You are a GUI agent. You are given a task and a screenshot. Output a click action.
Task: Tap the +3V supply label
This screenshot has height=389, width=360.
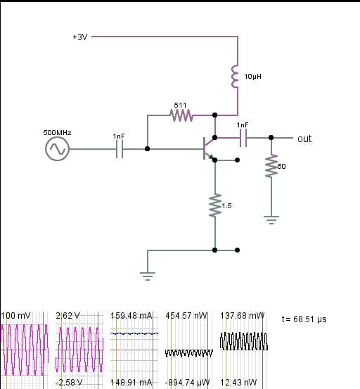click(80, 37)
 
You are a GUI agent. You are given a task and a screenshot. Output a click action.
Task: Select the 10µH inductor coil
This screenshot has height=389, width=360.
click(235, 77)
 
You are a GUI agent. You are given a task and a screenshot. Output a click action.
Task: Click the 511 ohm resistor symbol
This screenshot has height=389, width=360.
click(181, 115)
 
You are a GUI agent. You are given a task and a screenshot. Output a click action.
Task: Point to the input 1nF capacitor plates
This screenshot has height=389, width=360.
click(120, 149)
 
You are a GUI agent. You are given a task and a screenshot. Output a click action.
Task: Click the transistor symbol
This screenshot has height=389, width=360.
click(209, 148)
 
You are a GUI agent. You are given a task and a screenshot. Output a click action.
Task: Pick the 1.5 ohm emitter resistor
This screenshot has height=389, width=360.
click(215, 205)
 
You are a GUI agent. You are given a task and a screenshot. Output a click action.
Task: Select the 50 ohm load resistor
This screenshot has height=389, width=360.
click(271, 166)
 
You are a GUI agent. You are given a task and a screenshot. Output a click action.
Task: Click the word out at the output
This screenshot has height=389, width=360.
click(304, 139)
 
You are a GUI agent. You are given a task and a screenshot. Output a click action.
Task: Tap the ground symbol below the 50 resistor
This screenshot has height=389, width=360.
click(271, 219)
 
